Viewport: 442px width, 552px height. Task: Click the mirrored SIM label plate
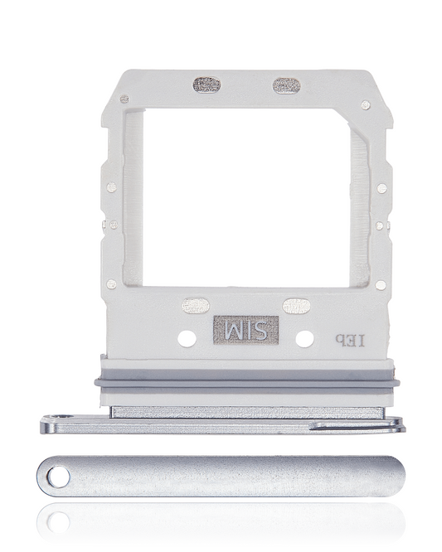[x=245, y=330]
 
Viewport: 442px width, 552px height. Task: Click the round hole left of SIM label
[x=187, y=339]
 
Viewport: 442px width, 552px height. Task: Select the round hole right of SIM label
[x=304, y=339]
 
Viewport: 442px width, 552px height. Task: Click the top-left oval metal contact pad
[x=206, y=85]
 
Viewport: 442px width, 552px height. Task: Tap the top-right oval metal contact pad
[x=287, y=86]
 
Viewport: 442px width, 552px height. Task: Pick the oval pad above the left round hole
[x=196, y=306]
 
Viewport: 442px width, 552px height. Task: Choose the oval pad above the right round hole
[x=297, y=306]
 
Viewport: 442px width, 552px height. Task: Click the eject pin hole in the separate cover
[x=59, y=477]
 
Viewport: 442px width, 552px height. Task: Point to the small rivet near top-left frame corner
[x=124, y=99]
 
